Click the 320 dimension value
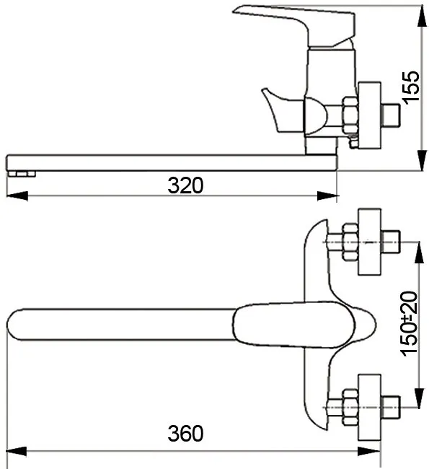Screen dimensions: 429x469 tap(185, 185)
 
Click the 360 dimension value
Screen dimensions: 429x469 tap(185, 434)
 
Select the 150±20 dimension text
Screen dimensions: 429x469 tap(409, 324)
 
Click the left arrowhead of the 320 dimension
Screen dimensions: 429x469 tap(17, 196)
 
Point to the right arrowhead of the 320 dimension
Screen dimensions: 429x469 tap(327, 196)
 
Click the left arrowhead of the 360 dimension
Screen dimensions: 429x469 tap(17, 452)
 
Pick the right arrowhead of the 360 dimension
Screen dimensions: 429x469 tap(369, 452)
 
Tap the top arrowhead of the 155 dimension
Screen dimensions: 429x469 tap(422, 16)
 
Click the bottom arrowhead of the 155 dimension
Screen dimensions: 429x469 tap(422, 160)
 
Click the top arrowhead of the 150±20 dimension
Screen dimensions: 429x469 tap(419, 253)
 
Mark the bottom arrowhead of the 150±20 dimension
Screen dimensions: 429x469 tap(419, 397)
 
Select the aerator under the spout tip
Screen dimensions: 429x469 tap(22, 174)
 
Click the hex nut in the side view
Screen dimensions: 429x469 tap(350, 115)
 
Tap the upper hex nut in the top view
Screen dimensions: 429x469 tap(350, 242)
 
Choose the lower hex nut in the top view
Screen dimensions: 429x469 tap(350, 407)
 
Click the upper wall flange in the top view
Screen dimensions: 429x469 tap(369, 242)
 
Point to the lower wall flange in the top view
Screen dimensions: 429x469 tap(369, 407)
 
